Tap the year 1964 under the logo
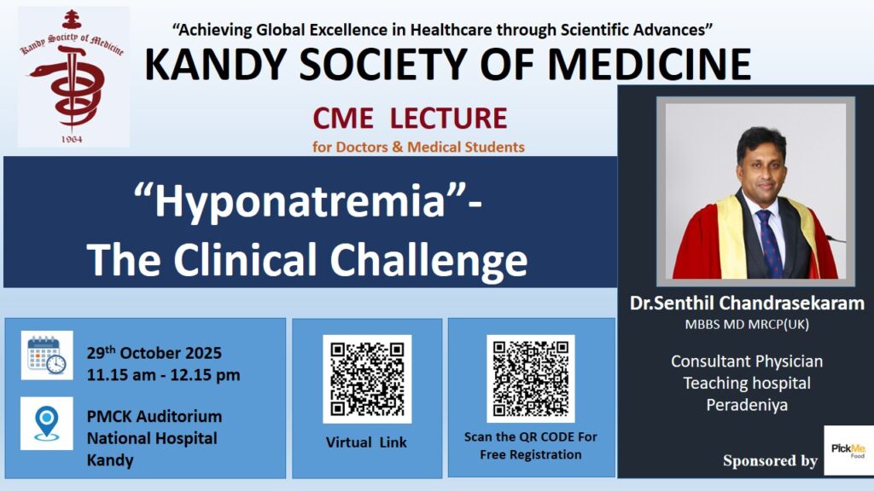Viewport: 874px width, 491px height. [x=72, y=139]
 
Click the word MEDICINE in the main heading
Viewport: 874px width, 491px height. [x=650, y=65]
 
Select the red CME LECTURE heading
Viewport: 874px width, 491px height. [x=410, y=118]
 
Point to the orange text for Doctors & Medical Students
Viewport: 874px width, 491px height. [x=418, y=147]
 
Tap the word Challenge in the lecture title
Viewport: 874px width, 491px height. [x=428, y=260]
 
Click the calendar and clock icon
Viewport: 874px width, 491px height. [x=47, y=355]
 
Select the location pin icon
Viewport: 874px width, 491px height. [x=47, y=424]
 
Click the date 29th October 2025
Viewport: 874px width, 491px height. [x=154, y=352]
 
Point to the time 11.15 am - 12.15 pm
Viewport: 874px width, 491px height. [x=163, y=375]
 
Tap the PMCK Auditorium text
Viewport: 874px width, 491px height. [x=154, y=416]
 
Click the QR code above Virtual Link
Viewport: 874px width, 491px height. [x=367, y=379]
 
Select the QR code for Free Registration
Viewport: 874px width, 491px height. [x=531, y=378]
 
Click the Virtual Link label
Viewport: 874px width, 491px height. [x=366, y=442]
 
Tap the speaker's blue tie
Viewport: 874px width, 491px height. [x=769, y=244]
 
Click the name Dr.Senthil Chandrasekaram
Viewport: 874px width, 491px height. [x=747, y=303]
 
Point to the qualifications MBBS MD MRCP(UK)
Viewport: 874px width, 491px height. [x=747, y=325]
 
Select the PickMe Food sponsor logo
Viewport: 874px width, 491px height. [x=848, y=450]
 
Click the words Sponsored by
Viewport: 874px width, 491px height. [x=771, y=460]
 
